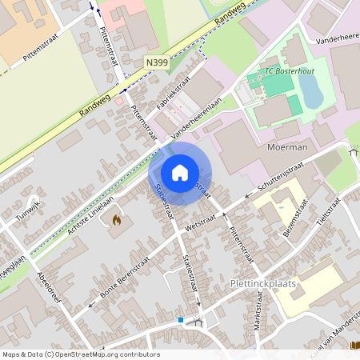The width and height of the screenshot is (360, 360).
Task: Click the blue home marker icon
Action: pos(180,172)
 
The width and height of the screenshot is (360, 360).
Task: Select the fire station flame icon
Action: pos(116,219)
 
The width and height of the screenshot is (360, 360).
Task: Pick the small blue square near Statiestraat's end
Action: pos(182,320)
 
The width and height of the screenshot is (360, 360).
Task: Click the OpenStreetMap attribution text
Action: pos(81,354)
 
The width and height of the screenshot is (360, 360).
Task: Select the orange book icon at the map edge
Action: pos(354,346)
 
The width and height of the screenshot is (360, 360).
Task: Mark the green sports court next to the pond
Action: pos(294,104)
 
